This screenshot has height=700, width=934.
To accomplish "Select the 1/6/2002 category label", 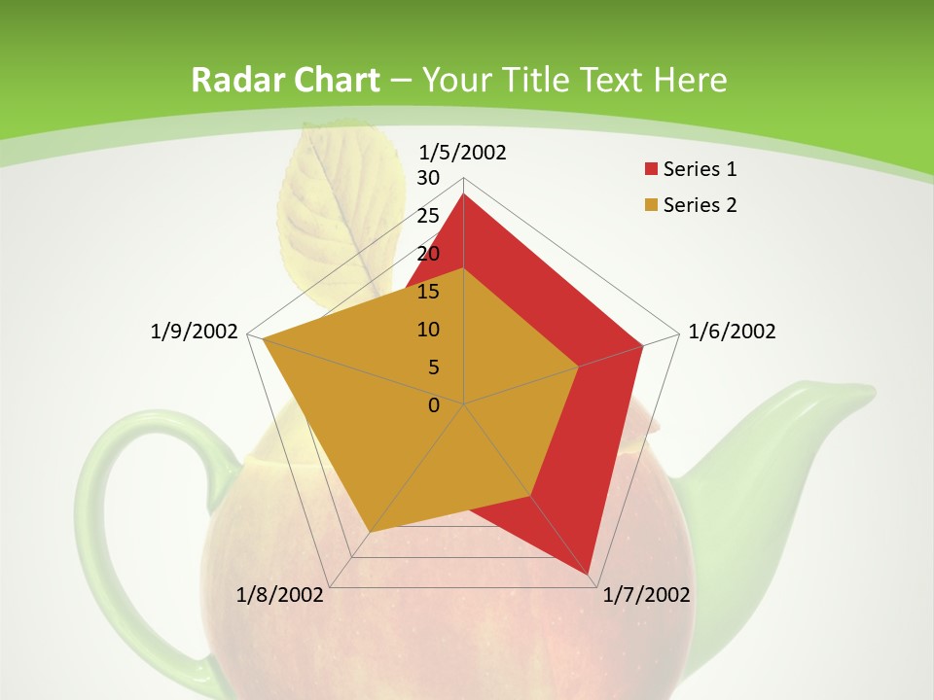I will [x=732, y=332].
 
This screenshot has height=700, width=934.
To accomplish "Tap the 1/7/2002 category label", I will [x=646, y=595].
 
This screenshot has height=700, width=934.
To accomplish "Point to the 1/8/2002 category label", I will [x=280, y=595].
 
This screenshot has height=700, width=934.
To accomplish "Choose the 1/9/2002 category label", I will [x=195, y=332].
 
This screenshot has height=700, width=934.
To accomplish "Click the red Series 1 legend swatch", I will [x=651, y=170].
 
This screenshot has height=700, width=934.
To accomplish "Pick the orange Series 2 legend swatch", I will [x=651, y=205].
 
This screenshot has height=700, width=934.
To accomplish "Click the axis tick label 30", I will [x=428, y=178].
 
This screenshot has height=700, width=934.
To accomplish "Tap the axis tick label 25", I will [x=428, y=216].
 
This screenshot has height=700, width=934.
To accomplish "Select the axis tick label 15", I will [x=428, y=292].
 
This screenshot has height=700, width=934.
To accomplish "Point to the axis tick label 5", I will [x=433, y=367].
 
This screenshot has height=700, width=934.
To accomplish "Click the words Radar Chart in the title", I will [x=285, y=81].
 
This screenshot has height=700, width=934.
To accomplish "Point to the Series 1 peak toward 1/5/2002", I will [x=463, y=195].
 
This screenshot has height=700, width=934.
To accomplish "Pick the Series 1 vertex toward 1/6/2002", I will [x=642, y=345].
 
